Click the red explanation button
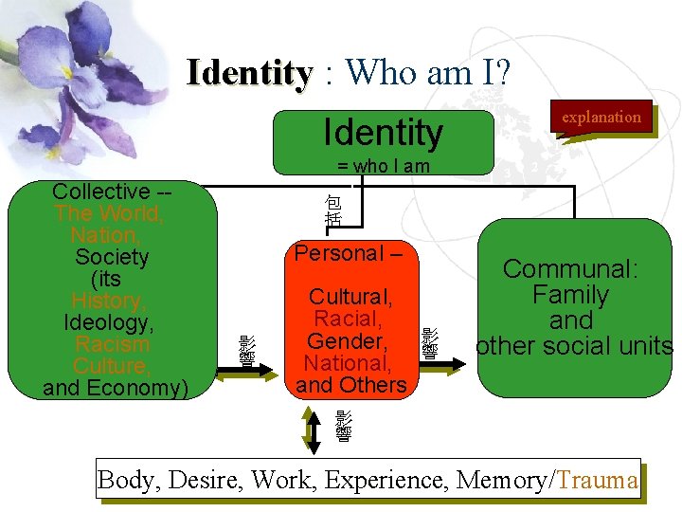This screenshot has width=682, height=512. [601, 118]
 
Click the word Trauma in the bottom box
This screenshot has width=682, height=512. [598, 480]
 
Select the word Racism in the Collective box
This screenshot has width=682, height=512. [112, 344]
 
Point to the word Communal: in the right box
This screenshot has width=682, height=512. [569, 269]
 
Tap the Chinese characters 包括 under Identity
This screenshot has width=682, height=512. [332, 210]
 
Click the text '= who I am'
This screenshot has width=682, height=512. [384, 167]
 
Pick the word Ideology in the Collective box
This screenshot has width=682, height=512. [110, 322]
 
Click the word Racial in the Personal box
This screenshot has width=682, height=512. [347, 319]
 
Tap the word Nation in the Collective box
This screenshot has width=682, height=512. [104, 234]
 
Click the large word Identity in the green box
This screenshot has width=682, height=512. [383, 133]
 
